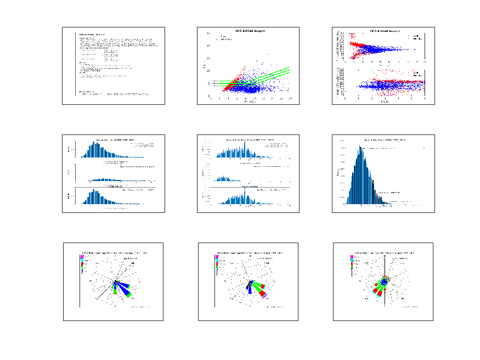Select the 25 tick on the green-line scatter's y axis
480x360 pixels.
pyautogui.click(x=207, y=33)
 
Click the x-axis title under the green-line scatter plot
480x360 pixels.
pyautogui.click(x=249, y=103)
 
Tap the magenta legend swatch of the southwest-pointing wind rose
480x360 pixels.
pyautogui.click(x=351, y=257)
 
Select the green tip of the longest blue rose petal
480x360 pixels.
pyautogui.click(x=131, y=295)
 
